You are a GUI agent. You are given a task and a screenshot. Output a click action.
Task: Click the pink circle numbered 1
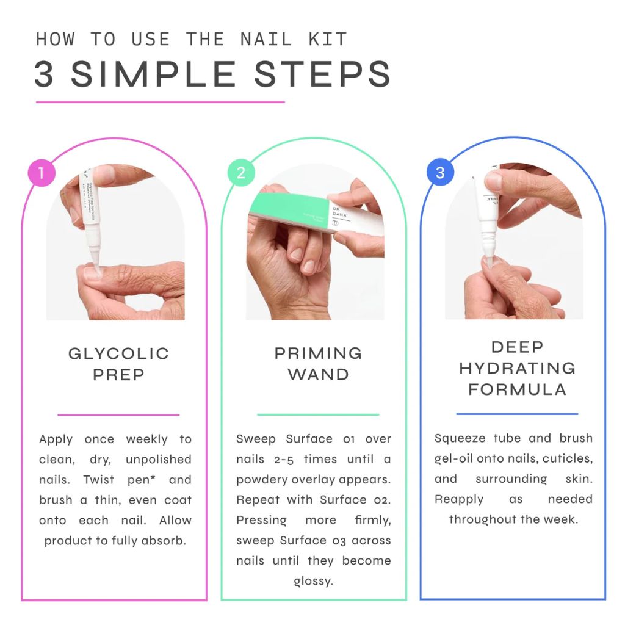42,173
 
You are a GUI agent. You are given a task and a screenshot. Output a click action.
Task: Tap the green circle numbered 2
240,173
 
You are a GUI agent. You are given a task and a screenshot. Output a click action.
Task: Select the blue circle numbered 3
439,173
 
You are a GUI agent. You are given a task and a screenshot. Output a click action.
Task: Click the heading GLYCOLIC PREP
118,364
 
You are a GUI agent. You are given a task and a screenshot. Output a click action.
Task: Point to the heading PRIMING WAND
318,364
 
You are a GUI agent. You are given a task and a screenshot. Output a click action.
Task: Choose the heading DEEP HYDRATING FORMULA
517,368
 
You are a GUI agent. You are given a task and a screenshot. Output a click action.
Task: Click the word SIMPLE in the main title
153,74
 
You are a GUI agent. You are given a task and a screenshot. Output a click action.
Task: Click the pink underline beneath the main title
160,102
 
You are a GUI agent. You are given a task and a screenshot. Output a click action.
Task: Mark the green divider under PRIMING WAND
318,414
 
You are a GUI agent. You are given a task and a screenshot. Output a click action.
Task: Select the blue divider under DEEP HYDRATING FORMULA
517,414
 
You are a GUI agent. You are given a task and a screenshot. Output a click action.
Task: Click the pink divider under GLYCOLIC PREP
118,414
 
